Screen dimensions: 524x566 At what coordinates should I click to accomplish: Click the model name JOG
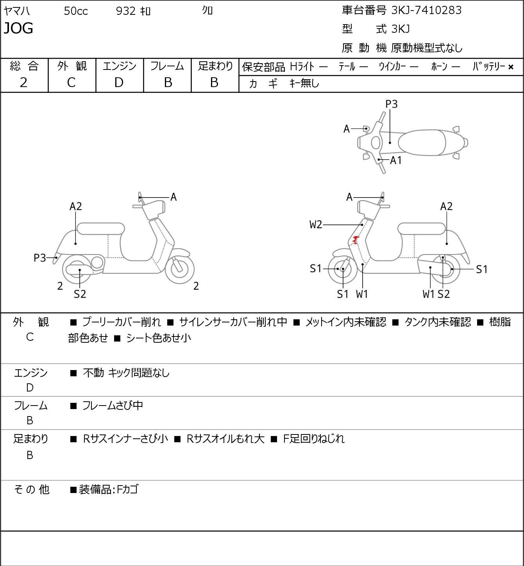[18, 28]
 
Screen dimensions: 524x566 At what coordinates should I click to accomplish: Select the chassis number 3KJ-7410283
[426, 11]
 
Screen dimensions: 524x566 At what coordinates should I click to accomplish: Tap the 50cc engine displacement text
[76, 11]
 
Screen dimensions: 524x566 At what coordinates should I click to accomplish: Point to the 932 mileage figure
[125, 11]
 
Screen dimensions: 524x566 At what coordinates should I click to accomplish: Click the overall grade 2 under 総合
[24, 83]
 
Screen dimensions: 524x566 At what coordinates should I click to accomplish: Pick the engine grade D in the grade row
[119, 83]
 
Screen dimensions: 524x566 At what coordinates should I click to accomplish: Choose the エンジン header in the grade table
[120, 66]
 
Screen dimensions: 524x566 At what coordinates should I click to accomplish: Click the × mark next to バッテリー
[511, 67]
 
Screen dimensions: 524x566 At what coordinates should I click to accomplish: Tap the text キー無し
[304, 84]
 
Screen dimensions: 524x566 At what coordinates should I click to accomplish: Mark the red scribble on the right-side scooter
[355, 239]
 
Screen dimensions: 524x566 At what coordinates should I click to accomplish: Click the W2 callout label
[316, 224]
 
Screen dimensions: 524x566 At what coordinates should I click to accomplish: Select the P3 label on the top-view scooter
[391, 104]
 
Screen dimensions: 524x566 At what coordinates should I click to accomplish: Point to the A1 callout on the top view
[396, 160]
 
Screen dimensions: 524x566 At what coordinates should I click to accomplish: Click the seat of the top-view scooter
[422, 142]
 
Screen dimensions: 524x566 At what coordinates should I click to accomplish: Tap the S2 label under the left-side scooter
[80, 294]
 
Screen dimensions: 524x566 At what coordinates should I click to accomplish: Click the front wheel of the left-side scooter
[179, 269]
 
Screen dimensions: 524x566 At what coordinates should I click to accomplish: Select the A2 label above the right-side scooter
[446, 206]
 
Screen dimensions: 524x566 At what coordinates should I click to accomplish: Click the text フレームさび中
[113, 406]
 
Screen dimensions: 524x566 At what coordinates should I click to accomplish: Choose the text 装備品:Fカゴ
[109, 489]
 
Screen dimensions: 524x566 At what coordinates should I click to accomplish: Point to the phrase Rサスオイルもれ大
[225, 439]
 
